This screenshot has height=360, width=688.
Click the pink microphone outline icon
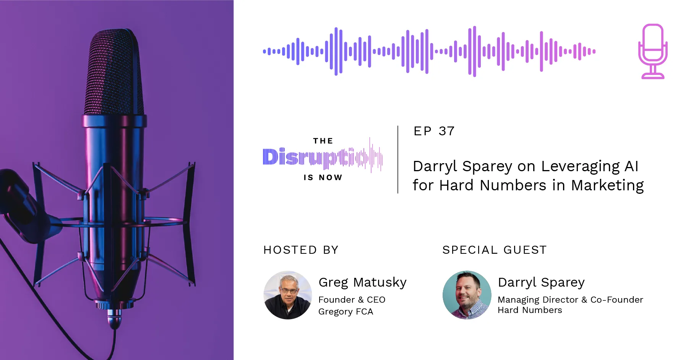click(x=653, y=51)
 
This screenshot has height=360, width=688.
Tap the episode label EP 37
click(x=434, y=131)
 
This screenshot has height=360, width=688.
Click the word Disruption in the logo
click(x=322, y=157)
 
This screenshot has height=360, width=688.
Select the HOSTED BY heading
click(x=301, y=250)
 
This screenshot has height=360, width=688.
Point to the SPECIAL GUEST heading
click(x=494, y=250)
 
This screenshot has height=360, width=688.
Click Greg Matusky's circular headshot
click(x=288, y=295)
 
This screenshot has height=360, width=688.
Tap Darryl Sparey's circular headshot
click(x=467, y=295)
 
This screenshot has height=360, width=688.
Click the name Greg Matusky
click(x=362, y=282)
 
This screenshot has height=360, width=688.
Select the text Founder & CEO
click(x=352, y=300)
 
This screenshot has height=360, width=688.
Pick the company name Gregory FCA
click(x=346, y=311)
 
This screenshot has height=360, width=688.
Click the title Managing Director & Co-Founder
click(x=570, y=300)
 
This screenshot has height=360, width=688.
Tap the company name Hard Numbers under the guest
click(x=530, y=310)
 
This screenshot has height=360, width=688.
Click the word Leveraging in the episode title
click(x=580, y=166)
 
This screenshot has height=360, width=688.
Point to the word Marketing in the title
click(x=607, y=185)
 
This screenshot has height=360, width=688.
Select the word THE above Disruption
click(x=323, y=141)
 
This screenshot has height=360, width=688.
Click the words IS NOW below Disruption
click(x=323, y=177)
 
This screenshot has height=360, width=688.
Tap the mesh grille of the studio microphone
click(x=115, y=73)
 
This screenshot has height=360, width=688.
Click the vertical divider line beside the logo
click(x=398, y=159)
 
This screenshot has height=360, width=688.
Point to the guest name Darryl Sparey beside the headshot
click(x=541, y=282)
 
